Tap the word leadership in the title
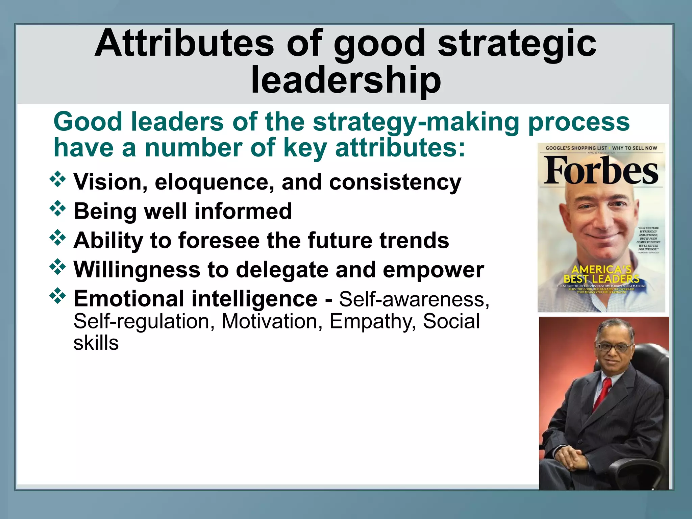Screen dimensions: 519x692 point(346,80)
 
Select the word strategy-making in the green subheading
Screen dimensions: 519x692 point(416,122)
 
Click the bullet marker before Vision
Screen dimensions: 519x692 point(58,179)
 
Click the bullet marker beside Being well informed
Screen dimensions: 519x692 point(58,208)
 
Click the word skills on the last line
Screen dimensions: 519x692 point(96,343)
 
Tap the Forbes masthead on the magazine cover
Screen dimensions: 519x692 point(601,171)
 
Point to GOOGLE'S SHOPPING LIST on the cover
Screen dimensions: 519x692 point(576,148)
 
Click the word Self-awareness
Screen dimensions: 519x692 point(414,299)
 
